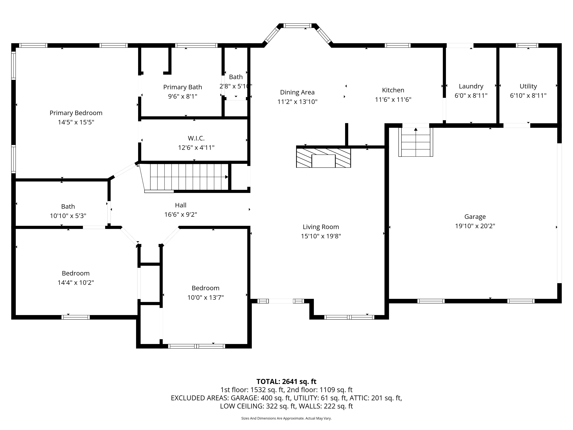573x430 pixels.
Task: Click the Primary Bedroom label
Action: click(x=76, y=113)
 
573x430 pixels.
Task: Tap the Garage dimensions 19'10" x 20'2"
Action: click(x=475, y=226)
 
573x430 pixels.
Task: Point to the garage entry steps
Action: click(x=416, y=142)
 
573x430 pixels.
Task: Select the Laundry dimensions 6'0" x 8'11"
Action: click(x=471, y=96)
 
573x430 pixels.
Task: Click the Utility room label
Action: click(x=528, y=86)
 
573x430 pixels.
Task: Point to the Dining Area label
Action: click(x=297, y=92)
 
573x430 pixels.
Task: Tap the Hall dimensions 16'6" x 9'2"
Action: click(x=181, y=215)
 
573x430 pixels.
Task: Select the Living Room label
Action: click(x=321, y=227)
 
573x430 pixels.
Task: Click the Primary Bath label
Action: click(x=183, y=87)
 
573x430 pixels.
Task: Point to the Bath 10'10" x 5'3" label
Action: click(x=68, y=211)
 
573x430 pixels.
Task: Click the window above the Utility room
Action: click(x=527, y=45)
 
